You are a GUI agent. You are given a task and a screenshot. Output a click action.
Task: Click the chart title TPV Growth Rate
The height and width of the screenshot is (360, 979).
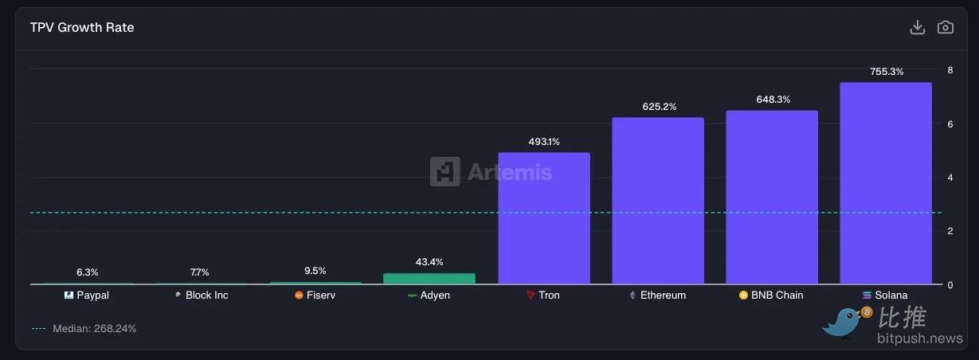[82, 27]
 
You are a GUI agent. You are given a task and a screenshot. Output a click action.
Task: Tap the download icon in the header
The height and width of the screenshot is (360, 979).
[918, 27]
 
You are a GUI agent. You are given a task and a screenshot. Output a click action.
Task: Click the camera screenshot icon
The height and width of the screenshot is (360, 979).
[946, 27]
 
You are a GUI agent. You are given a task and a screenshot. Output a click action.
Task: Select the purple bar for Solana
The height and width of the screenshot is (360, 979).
[885, 183]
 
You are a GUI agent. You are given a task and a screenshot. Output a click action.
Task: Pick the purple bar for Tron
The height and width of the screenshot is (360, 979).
[544, 218]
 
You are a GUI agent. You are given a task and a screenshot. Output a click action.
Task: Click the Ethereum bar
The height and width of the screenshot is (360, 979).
[658, 201]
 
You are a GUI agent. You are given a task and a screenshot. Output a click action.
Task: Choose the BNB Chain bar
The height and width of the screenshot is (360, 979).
[771, 198]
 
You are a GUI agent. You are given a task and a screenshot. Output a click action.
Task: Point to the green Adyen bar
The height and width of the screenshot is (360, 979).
[429, 279]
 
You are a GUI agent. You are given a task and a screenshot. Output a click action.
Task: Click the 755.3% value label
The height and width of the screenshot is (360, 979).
[887, 72]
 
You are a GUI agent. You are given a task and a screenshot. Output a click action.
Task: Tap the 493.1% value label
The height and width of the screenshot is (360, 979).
[544, 142]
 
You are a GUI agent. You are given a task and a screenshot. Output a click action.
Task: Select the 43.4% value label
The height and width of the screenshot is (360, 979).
[429, 262]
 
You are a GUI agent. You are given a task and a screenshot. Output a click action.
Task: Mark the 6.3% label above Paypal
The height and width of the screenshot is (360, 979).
[88, 272]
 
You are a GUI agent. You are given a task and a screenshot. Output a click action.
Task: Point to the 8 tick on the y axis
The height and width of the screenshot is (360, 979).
[950, 70]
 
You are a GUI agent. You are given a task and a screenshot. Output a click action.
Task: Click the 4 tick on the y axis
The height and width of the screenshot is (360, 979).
[950, 178]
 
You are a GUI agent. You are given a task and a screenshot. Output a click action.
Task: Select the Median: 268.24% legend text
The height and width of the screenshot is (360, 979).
[94, 329]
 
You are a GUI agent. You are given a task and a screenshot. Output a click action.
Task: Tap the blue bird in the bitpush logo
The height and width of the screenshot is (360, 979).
[847, 323]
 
